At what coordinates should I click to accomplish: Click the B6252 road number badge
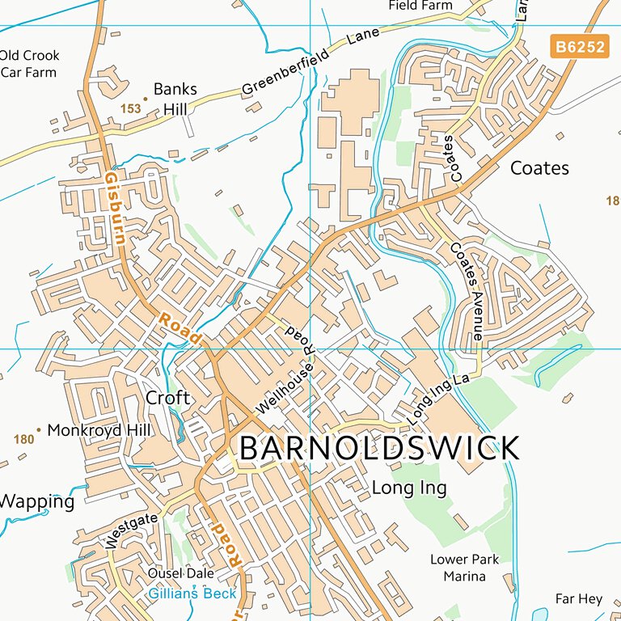tap(579, 47)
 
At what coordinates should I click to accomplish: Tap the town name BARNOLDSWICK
tap(379, 448)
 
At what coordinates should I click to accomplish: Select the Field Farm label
tap(420, 6)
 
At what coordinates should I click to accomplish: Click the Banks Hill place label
tap(175, 99)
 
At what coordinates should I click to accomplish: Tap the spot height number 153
tap(130, 108)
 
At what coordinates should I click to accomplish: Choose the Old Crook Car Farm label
tap(29, 64)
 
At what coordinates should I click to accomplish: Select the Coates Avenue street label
tap(467, 290)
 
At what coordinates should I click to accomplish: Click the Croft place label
tap(167, 398)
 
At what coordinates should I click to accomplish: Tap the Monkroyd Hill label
tap(99, 430)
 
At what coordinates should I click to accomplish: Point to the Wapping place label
tap(36, 501)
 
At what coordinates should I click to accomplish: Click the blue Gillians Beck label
tap(192, 594)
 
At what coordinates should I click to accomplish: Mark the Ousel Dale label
tap(181, 573)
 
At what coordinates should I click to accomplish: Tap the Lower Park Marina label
tap(464, 568)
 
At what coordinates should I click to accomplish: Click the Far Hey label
tap(579, 598)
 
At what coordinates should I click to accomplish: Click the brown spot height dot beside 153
tap(146, 99)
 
